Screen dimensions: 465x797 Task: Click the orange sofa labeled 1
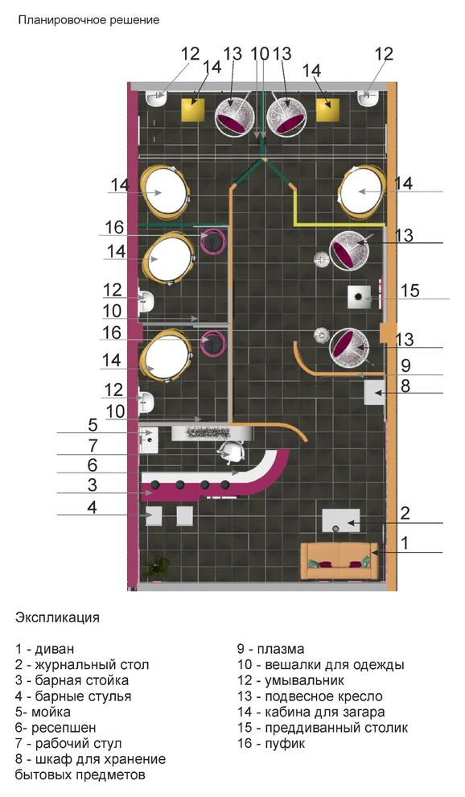click(x=339, y=560)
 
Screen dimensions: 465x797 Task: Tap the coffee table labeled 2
click(x=341, y=521)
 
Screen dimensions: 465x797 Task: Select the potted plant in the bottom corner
click(x=155, y=567)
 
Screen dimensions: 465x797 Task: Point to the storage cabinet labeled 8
click(x=375, y=392)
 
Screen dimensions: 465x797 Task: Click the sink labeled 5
click(x=149, y=440)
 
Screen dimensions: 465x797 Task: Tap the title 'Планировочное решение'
click(x=89, y=20)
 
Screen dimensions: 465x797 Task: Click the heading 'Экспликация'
click(x=57, y=618)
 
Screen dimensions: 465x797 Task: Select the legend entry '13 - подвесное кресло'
click(x=310, y=696)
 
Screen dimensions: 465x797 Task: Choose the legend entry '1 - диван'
click(x=45, y=649)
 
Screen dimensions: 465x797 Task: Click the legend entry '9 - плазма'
click(x=271, y=649)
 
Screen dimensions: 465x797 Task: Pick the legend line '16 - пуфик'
click(x=271, y=744)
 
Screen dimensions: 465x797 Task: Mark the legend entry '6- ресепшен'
click(x=56, y=728)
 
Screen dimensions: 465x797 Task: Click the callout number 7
click(x=93, y=446)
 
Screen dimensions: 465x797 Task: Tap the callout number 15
click(x=409, y=291)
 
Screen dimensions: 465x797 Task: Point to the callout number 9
click(x=405, y=365)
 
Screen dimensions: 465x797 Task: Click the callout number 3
click(x=92, y=485)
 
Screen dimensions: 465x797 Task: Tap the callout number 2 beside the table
click(x=405, y=513)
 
